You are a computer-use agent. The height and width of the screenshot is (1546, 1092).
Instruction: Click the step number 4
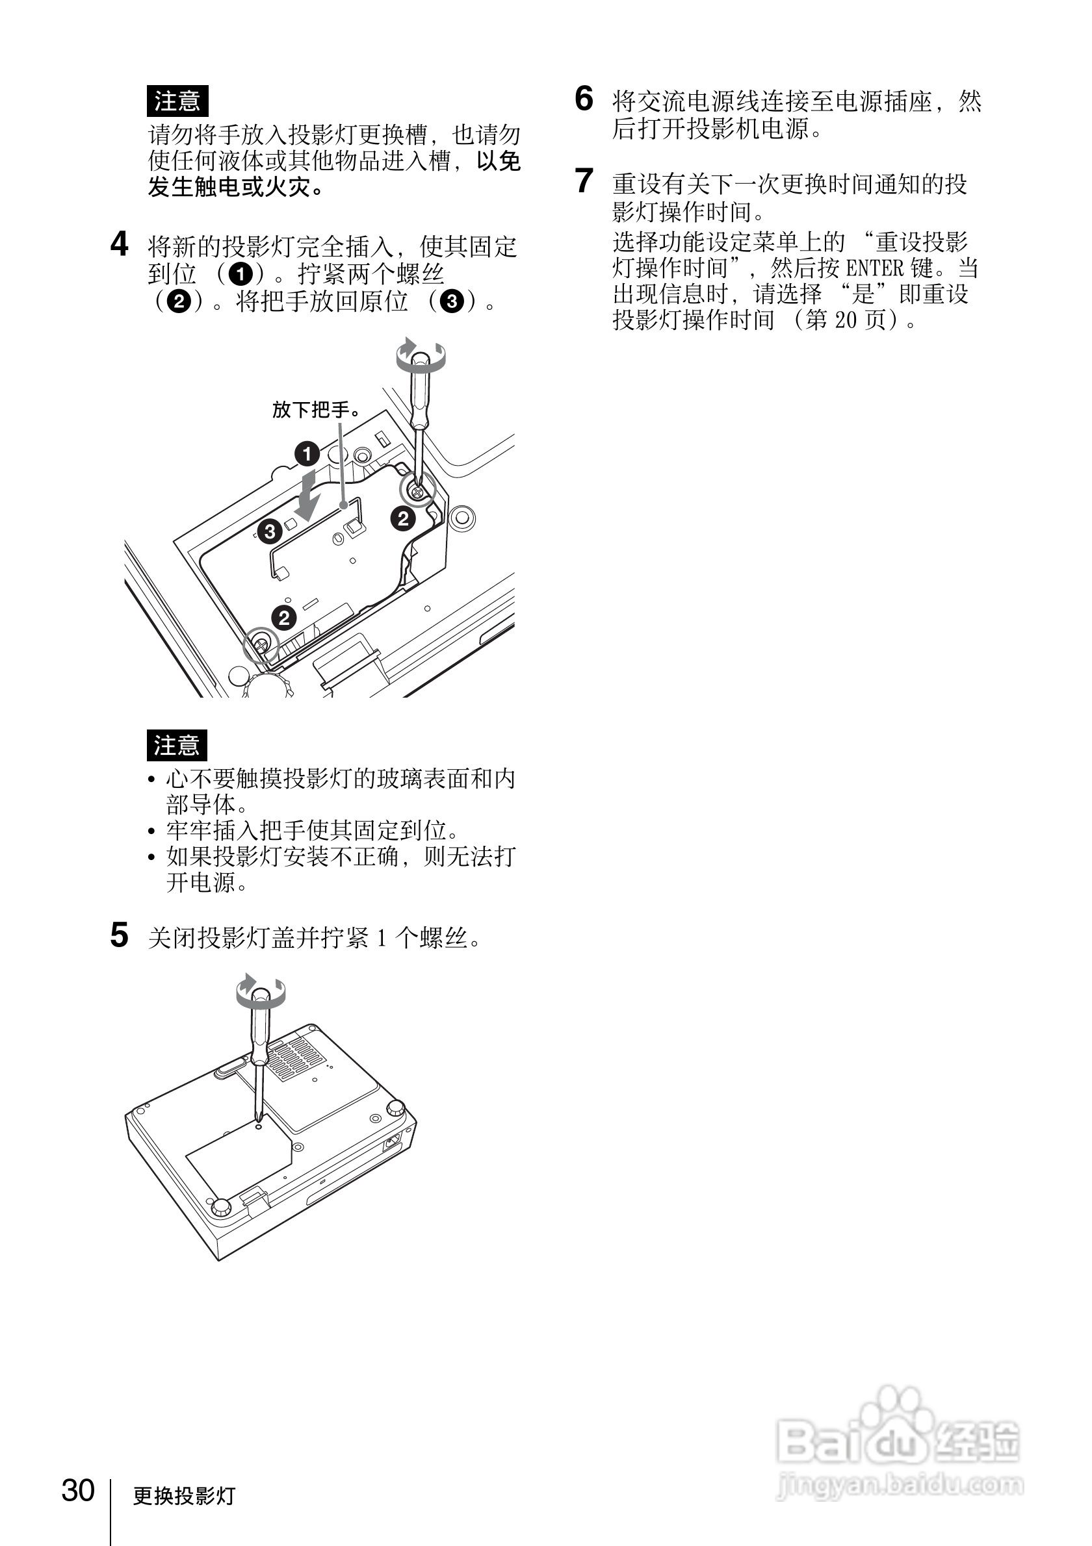coord(119,244)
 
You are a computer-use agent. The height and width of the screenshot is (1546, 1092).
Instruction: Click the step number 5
coord(119,935)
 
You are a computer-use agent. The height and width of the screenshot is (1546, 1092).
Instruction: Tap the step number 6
coord(584,99)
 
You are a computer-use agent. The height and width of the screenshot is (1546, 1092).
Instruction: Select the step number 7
coord(584,181)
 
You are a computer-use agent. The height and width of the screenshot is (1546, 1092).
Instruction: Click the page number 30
coord(78,1490)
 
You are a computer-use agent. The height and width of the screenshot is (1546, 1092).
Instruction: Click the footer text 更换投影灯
coord(184,1495)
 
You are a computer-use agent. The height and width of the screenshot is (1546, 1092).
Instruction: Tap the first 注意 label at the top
coord(177,101)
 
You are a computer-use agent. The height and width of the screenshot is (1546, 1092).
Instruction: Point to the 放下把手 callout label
coord(316,409)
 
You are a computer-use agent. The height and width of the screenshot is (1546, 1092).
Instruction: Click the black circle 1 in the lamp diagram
coord(307,454)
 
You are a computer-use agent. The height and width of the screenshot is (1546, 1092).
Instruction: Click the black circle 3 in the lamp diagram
coord(270,532)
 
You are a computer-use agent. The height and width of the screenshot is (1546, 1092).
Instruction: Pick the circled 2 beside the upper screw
coord(403,518)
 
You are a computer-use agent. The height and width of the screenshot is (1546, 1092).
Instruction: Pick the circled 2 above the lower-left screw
coord(283,618)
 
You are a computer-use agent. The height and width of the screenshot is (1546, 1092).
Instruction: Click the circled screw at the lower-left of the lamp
coord(261,645)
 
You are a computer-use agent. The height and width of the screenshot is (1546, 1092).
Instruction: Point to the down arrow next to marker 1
coord(308,497)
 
